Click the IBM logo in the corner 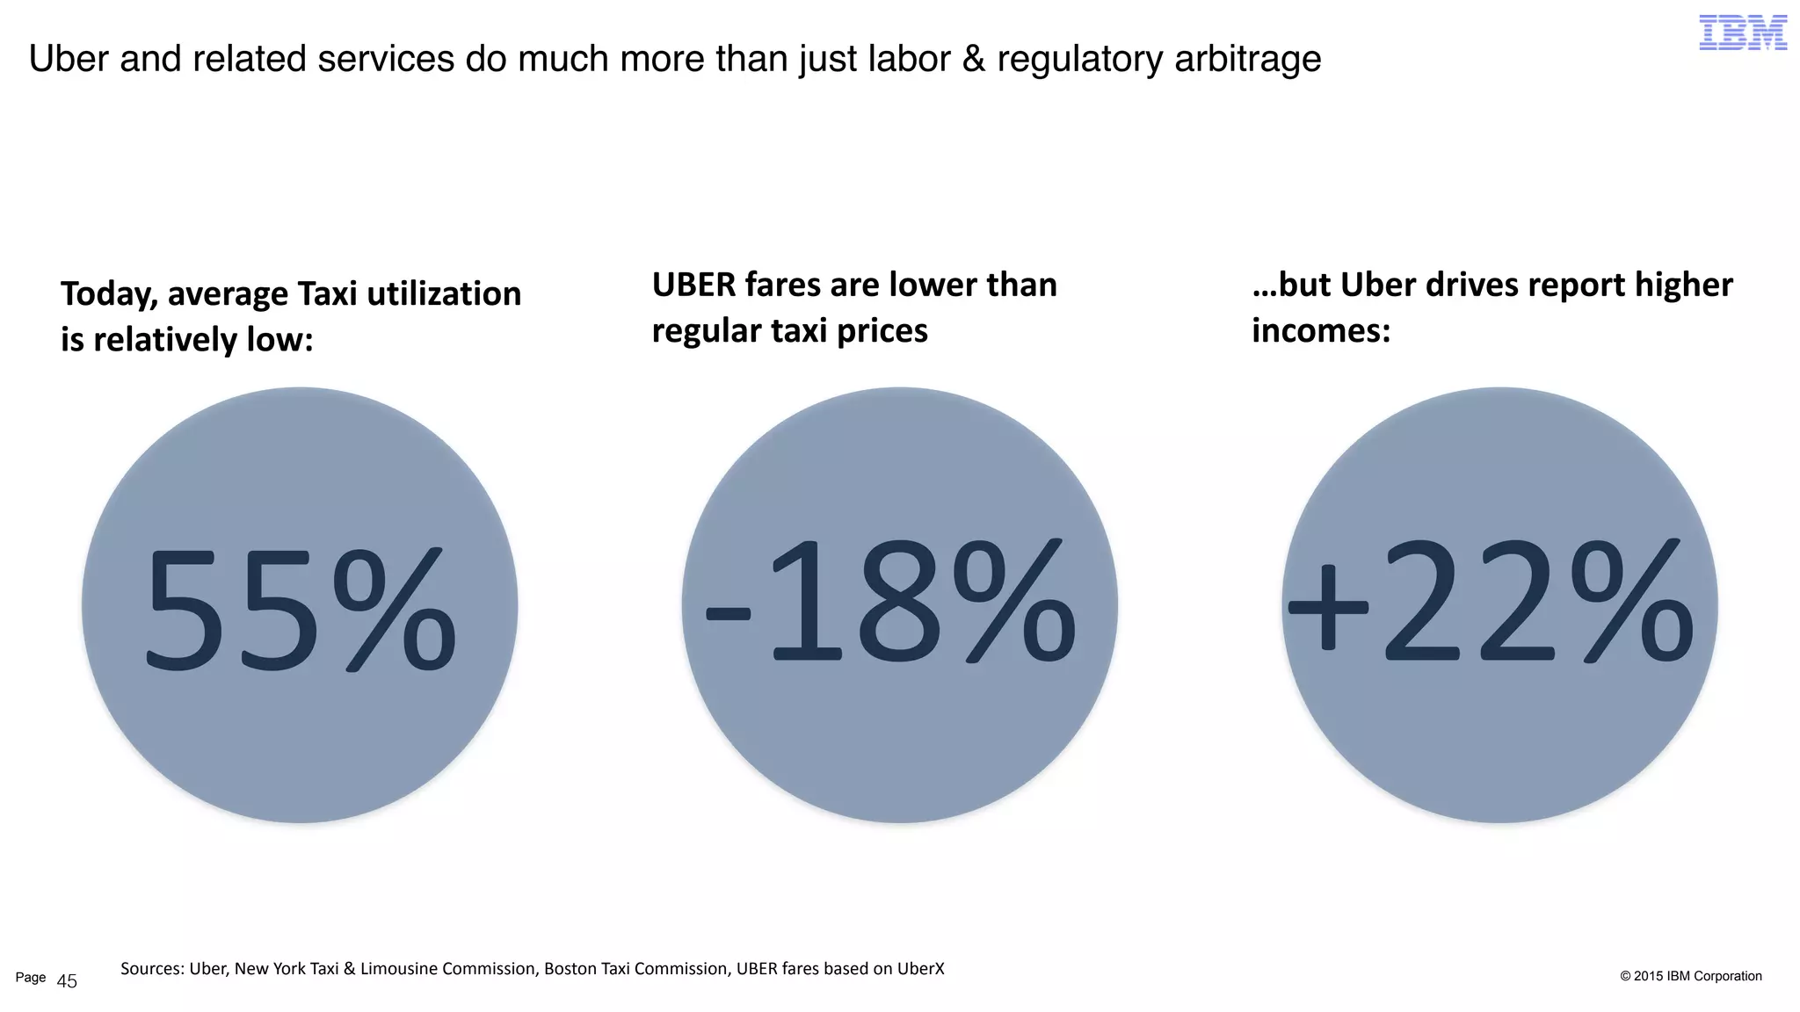[x=1742, y=33]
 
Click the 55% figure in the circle [x=300, y=608]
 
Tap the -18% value [x=891, y=603]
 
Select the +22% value [x=1491, y=603]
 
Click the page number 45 [x=67, y=982]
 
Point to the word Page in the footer [x=31, y=978]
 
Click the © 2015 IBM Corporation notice [x=1690, y=976]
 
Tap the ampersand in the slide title [x=973, y=59]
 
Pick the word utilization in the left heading [x=444, y=294]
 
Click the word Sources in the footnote [x=151, y=969]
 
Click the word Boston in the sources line [x=570, y=969]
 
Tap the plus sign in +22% [x=1328, y=606]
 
